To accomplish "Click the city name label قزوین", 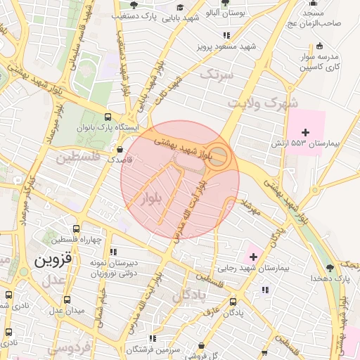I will coord(52,259).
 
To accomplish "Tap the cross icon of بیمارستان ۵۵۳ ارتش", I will coord(305,131).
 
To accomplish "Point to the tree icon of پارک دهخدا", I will coord(330,268).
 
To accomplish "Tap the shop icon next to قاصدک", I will coord(120,150).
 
